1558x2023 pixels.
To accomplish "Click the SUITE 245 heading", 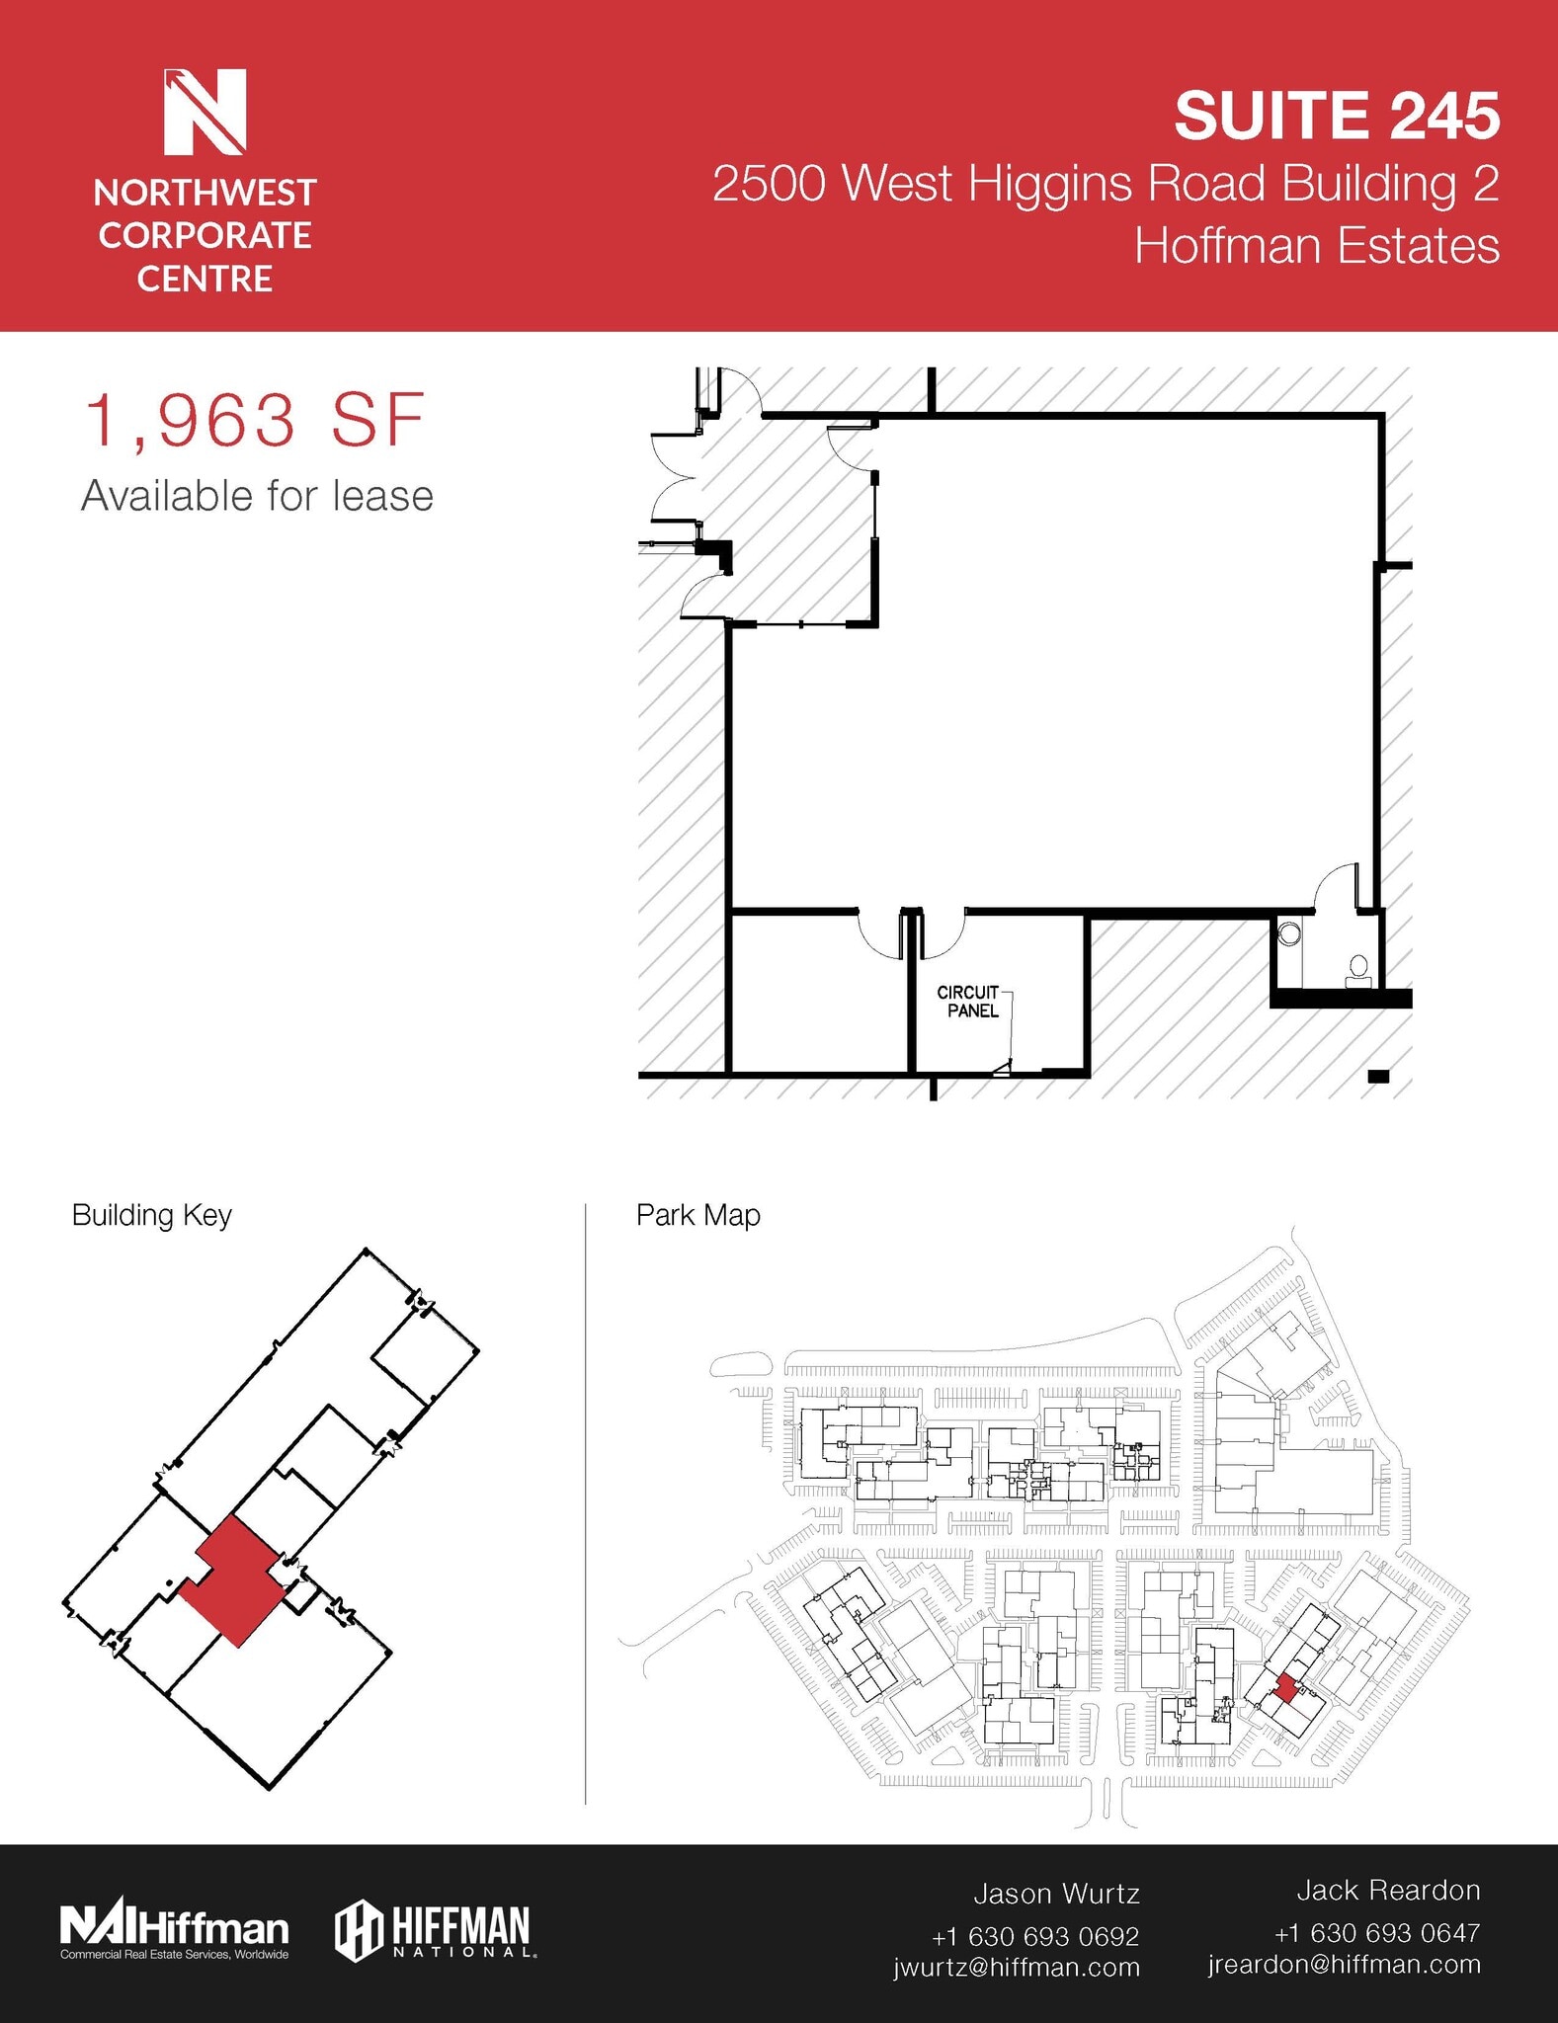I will pos(1336,116).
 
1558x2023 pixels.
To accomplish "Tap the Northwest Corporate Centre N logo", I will pos(205,112).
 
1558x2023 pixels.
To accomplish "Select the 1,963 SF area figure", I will pos(255,422).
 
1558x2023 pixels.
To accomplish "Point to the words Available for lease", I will pos(257,496).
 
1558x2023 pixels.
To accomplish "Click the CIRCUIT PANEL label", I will pos(969,1001).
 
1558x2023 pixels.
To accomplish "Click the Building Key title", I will pos(151,1215).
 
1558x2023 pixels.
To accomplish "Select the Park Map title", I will pos(697,1215).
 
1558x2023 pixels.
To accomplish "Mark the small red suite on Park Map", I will pos(1284,1688).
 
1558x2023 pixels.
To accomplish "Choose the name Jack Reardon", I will pos(1387,1890).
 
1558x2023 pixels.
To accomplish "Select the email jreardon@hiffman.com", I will pos(1344,1964).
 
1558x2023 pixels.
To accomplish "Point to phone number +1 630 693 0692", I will pos(1034,1936).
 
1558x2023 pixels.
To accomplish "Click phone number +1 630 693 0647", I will pos(1376,1932).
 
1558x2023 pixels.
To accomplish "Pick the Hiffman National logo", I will pos(435,1930).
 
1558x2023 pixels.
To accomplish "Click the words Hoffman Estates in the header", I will pos(1316,246).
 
